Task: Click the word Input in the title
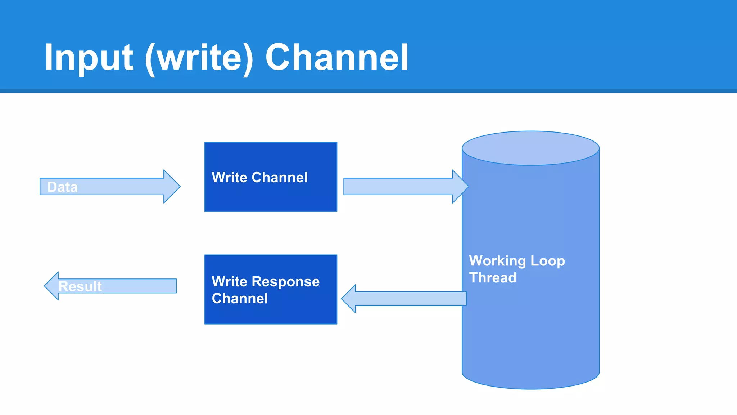tap(89, 58)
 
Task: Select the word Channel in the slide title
tap(336, 58)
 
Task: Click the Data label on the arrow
tap(62, 187)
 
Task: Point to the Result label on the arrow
tap(80, 286)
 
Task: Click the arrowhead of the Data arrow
tap(172, 187)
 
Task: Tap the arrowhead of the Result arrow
tap(52, 286)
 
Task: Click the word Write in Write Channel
tap(229, 178)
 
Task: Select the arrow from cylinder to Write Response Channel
tap(407, 299)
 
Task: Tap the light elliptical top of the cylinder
tap(530, 148)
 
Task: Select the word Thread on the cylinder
tap(493, 278)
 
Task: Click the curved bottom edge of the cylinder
tap(530, 388)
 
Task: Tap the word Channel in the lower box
tap(240, 299)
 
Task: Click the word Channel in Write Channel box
tap(280, 178)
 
